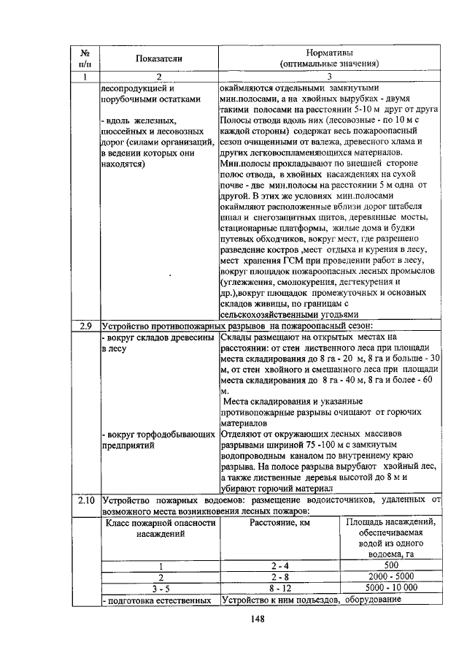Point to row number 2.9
[85, 326]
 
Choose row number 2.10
[85, 501]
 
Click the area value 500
[390, 566]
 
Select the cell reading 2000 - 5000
[390, 576]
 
